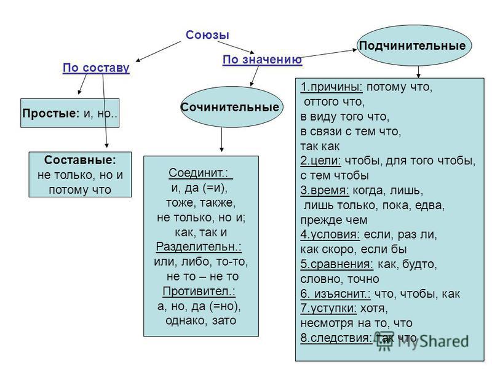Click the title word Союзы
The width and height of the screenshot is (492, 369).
click(x=207, y=34)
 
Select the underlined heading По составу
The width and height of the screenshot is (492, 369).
click(x=96, y=68)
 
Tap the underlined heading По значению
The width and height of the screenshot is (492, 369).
click(x=263, y=59)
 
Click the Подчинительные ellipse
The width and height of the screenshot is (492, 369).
click(x=414, y=46)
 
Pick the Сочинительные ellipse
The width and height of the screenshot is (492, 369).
click(x=232, y=107)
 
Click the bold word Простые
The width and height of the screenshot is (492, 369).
click(x=51, y=113)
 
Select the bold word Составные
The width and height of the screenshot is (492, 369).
click(x=80, y=160)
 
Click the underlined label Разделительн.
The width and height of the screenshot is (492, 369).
click(x=199, y=247)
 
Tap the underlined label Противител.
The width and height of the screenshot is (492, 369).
click(x=199, y=291)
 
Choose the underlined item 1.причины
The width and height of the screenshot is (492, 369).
click(x=331, y=87)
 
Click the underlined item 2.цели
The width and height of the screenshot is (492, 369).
click(x=320, y=161)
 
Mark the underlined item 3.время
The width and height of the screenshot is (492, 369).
click(x=325, y=191)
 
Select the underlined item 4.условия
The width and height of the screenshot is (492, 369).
click(x=330, y=234)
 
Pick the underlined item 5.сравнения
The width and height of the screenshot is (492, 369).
click(x=336, y=264)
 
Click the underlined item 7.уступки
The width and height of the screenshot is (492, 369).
click(x=328, y=309)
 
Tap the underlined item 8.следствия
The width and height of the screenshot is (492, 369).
click(x=336, y=338)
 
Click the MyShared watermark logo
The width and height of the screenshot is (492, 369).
click(x=423, y=341)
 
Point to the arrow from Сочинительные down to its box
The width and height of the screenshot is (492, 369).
click(x=222, y=140)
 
